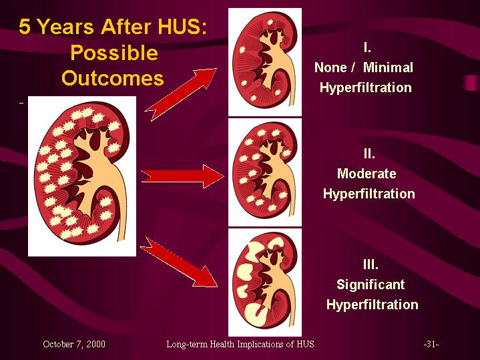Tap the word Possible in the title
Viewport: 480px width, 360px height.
[114, 53]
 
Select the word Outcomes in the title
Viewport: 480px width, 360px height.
[113, 78]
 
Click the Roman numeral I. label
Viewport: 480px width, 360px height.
[367, 48]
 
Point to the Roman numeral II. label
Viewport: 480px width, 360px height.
[369, 154]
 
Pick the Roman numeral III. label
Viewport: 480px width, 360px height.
[371, 264]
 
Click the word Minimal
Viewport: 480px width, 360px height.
[388, 67]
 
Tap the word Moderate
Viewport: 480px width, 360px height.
[367, 174]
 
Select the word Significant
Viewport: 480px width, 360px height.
[371, 285]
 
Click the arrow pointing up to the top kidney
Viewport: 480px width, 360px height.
[181, 94]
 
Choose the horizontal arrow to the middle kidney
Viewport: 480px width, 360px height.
[182, 176]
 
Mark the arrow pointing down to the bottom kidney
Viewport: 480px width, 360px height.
[179, 262]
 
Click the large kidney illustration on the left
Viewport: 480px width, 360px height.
[82, 176]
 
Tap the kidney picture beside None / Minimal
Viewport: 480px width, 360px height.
[265, 62]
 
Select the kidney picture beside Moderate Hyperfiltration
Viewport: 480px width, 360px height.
[265, 172]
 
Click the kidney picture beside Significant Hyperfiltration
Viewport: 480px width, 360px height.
[265, 282]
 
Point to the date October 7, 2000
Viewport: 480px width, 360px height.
[74, 345]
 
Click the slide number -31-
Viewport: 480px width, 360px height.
[431, 345]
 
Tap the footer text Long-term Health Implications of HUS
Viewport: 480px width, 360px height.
[240, 345]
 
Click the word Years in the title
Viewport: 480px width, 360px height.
[65, 26]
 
